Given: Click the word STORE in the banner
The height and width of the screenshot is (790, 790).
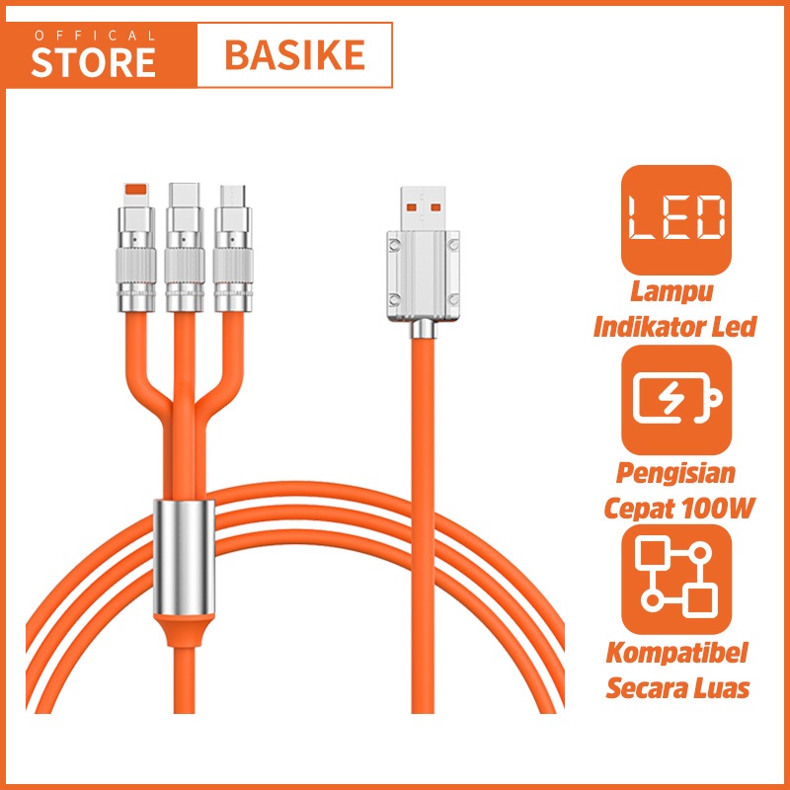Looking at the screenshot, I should point(94,61).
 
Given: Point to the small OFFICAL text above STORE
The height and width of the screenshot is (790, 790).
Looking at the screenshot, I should point(94,36).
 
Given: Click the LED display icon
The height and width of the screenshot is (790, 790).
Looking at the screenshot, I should point(675,219).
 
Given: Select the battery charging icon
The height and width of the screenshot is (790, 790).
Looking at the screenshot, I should point(675,400).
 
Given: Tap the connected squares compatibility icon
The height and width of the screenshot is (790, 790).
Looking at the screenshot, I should point(675,580).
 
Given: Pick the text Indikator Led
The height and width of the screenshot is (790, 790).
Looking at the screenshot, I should point(675,325).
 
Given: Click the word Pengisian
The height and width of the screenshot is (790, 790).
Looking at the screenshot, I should point(675,475).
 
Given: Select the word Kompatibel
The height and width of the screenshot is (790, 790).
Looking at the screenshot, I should point(675,655).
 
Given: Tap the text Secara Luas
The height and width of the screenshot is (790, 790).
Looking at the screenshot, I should point(675,686).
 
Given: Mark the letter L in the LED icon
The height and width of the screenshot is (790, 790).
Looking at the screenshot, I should point(644,219).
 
